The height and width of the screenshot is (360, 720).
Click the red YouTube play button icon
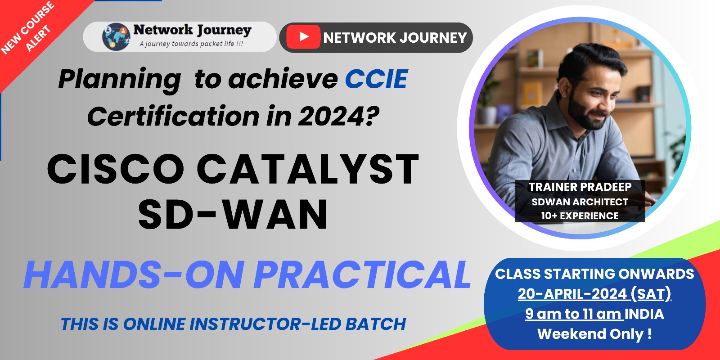click(303, 37)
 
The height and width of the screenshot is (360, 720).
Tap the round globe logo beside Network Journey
click(116, 37)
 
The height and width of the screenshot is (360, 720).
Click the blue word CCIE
click(376, 80)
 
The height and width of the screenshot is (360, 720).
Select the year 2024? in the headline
click(338, 117)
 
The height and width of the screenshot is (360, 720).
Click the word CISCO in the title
click(116, 170)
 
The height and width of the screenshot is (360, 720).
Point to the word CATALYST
click(308, 170)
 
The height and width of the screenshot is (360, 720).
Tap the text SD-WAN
click(233, 215)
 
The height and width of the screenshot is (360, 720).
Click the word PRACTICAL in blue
click(362, 274)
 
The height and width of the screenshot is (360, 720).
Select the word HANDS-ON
click(134, 274)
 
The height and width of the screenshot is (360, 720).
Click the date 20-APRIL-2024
click(572, 294)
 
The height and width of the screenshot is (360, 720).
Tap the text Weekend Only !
click(594, 334)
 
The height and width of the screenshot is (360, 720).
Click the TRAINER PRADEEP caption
click(580, 187)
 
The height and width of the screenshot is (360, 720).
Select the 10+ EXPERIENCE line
click(580, 216)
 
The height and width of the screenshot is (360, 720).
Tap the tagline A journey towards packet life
click(191, 44)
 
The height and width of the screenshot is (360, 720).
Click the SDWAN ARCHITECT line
click(580, 202)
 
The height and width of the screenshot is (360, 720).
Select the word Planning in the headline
click(120, 80)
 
